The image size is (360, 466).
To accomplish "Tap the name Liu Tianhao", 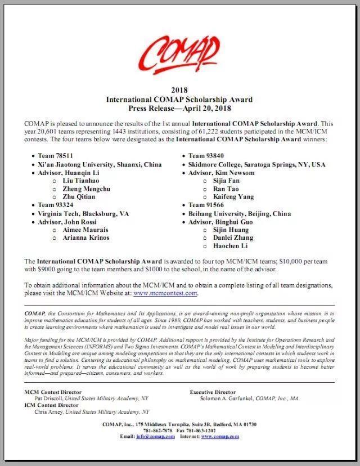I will (x=80, y=181).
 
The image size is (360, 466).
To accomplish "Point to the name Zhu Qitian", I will (x=79, y=197).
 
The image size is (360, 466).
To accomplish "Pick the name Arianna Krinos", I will (x=86, y=238).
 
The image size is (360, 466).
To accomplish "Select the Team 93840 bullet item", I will (x=206, y=156).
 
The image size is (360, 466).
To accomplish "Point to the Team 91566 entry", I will (x=206, y=205).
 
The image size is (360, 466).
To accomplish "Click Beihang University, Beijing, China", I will (x=240, y=213).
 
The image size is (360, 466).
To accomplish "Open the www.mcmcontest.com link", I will (x=165, y=293).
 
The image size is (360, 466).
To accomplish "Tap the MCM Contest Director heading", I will (x=53, y=392).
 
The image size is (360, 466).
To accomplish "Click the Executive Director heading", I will (x=213, y=392).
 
